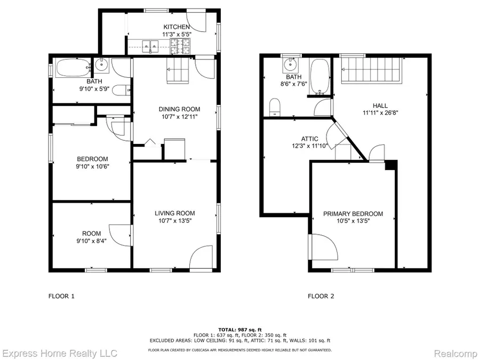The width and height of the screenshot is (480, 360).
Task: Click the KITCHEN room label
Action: point(177,27)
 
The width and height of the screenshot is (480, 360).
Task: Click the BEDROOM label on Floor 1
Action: point(92,159)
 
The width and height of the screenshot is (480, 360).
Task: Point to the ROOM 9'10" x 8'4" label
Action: point(91,240)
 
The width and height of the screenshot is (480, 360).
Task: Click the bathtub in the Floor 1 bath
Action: point(73,68)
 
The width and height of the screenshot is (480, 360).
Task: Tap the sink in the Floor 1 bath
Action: point(102,66)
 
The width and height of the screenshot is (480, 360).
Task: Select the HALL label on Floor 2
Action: point(380,106)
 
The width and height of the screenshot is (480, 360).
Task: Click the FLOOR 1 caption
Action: point(61,296)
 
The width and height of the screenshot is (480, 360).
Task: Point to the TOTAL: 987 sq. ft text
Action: point(239,330)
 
